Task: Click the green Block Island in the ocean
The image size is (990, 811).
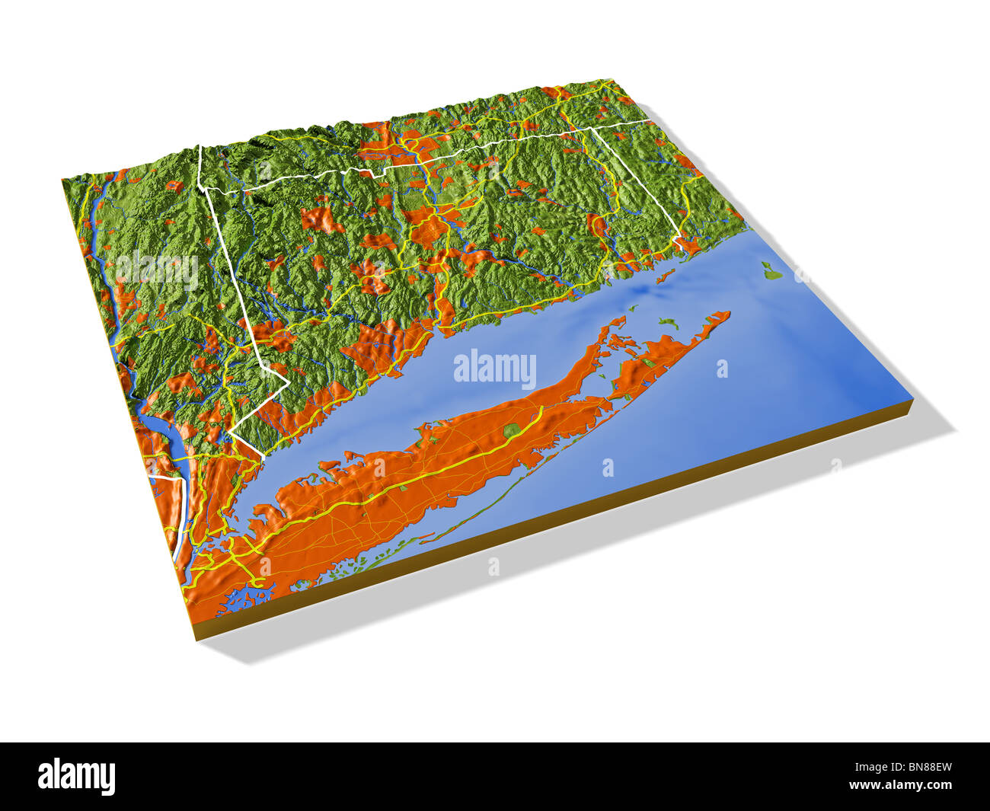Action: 770,270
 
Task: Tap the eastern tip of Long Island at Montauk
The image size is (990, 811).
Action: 728,313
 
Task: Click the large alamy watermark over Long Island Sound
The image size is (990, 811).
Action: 495,369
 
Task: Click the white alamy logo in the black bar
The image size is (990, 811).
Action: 77,777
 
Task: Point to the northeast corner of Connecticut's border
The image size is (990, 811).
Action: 592,129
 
